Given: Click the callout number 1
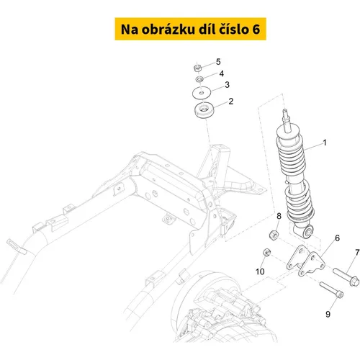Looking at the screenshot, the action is click(325, 143).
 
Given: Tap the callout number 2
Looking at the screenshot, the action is click(231, 102).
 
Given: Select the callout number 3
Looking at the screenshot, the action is click(227, 85).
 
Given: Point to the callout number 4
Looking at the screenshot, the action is click(222, 73).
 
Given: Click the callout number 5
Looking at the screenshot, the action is click(218, 62).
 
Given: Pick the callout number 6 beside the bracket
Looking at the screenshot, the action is click(338, 238).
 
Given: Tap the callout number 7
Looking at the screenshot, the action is click(357, 253).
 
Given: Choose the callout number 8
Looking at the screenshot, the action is click(279, 216).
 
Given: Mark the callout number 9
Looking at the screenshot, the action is click(328, 314).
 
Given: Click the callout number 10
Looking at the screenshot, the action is click(260, 271).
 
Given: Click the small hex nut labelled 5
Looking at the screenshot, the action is click(197, 68).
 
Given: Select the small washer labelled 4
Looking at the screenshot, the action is click(199, 78).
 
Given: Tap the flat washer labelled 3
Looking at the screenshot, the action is click(202, 92).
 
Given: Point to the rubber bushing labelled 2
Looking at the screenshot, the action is click(203, 110).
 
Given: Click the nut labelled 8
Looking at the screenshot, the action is click(274, 234).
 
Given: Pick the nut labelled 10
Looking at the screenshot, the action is click(267, 252).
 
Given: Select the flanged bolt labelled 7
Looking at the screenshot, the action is click(346, 277).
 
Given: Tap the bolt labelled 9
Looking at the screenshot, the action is click(332, 290).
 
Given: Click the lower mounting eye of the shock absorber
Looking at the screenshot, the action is click(308, 232).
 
